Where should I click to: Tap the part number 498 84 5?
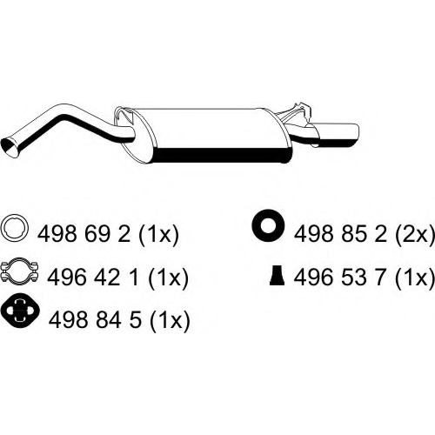point(95,319)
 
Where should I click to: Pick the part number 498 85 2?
point(341,234)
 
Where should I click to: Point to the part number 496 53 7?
point(341,277)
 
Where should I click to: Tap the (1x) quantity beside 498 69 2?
point(158,235)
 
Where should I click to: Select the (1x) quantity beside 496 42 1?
point(168,278)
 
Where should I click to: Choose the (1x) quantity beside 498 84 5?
point(170,320)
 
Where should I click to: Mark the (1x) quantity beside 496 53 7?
point(416,278)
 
